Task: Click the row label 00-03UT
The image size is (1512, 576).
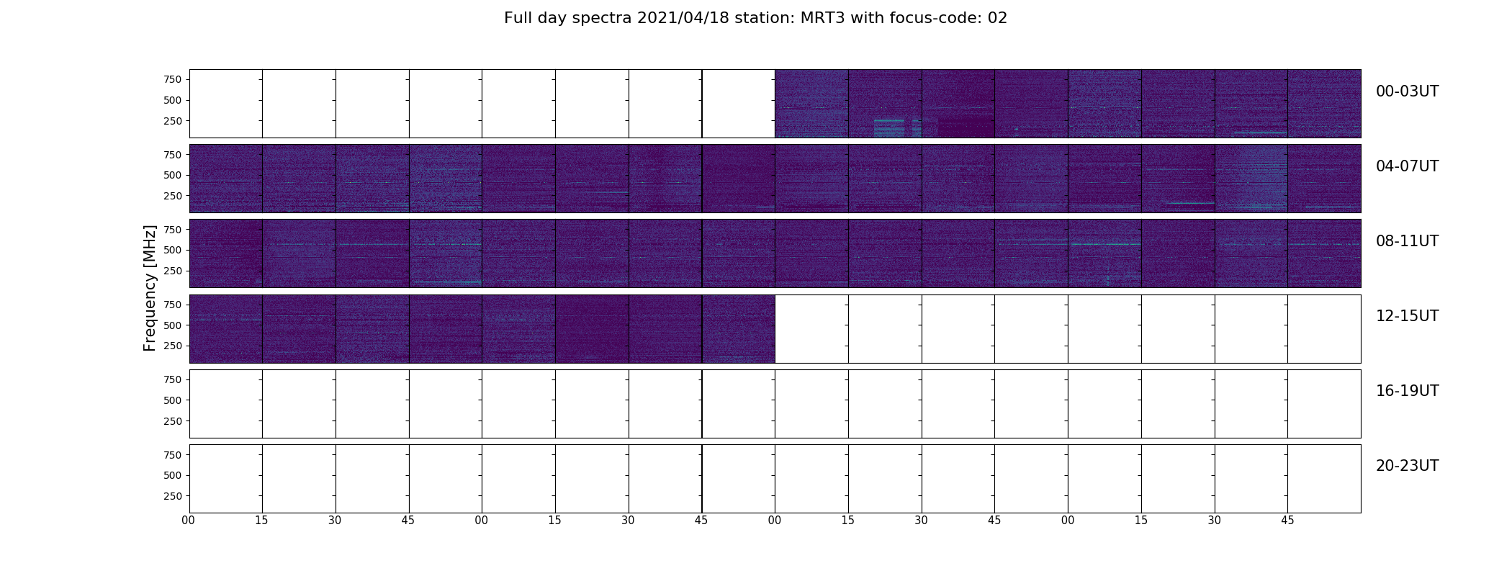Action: click(1407, 91)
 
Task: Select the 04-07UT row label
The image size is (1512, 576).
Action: click(1407, 166)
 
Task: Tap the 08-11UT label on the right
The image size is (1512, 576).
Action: click(1407, 241)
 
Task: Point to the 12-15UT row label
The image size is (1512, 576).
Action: click(1407, 316)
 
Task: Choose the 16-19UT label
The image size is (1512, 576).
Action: click(1407, 391)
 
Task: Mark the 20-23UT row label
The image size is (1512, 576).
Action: click(1407, 466)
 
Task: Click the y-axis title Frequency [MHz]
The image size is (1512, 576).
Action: click(150, 288)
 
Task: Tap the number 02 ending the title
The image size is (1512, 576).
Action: click(997, 18)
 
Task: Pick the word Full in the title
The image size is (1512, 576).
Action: click(517, 18)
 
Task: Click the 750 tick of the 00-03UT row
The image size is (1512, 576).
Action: click(173, 79)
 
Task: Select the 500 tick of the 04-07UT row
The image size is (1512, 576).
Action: click(173, 175)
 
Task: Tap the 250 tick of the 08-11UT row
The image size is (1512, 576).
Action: click(173, 271)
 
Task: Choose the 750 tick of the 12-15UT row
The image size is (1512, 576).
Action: click(173, 305)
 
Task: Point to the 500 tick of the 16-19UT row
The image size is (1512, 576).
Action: click(173, 400)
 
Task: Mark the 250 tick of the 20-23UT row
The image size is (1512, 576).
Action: click(173, 496)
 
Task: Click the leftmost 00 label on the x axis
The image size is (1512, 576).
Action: click(189, 521)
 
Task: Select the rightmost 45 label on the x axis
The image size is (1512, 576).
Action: click(1287, 521)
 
